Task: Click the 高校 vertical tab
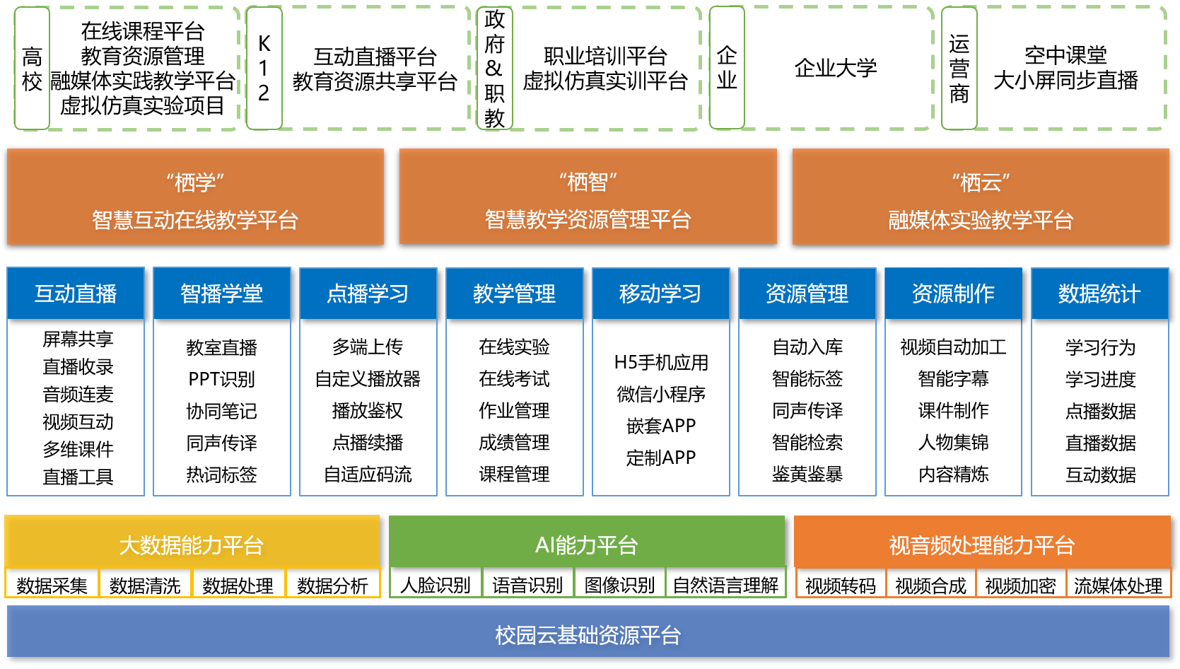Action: pos(32,69)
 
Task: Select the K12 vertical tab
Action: pos(264,69)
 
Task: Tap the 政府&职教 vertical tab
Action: pos(494,69)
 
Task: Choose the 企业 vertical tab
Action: pos(727,69)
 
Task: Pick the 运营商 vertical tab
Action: pos(959,69)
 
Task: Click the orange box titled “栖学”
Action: pos(195,197)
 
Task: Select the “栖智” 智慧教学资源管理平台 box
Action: pos(588,197)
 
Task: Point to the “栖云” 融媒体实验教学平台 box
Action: pos(981,197)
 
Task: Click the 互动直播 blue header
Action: pos(76,293)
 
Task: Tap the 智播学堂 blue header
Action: pos(222,293)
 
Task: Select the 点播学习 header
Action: pos(368,293)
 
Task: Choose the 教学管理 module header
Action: pos(515,293)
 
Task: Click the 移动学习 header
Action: pos(661,293)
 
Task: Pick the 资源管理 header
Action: pos(807,293)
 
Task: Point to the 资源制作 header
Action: pos(954,293)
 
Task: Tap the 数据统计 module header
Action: pos(1100,293)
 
